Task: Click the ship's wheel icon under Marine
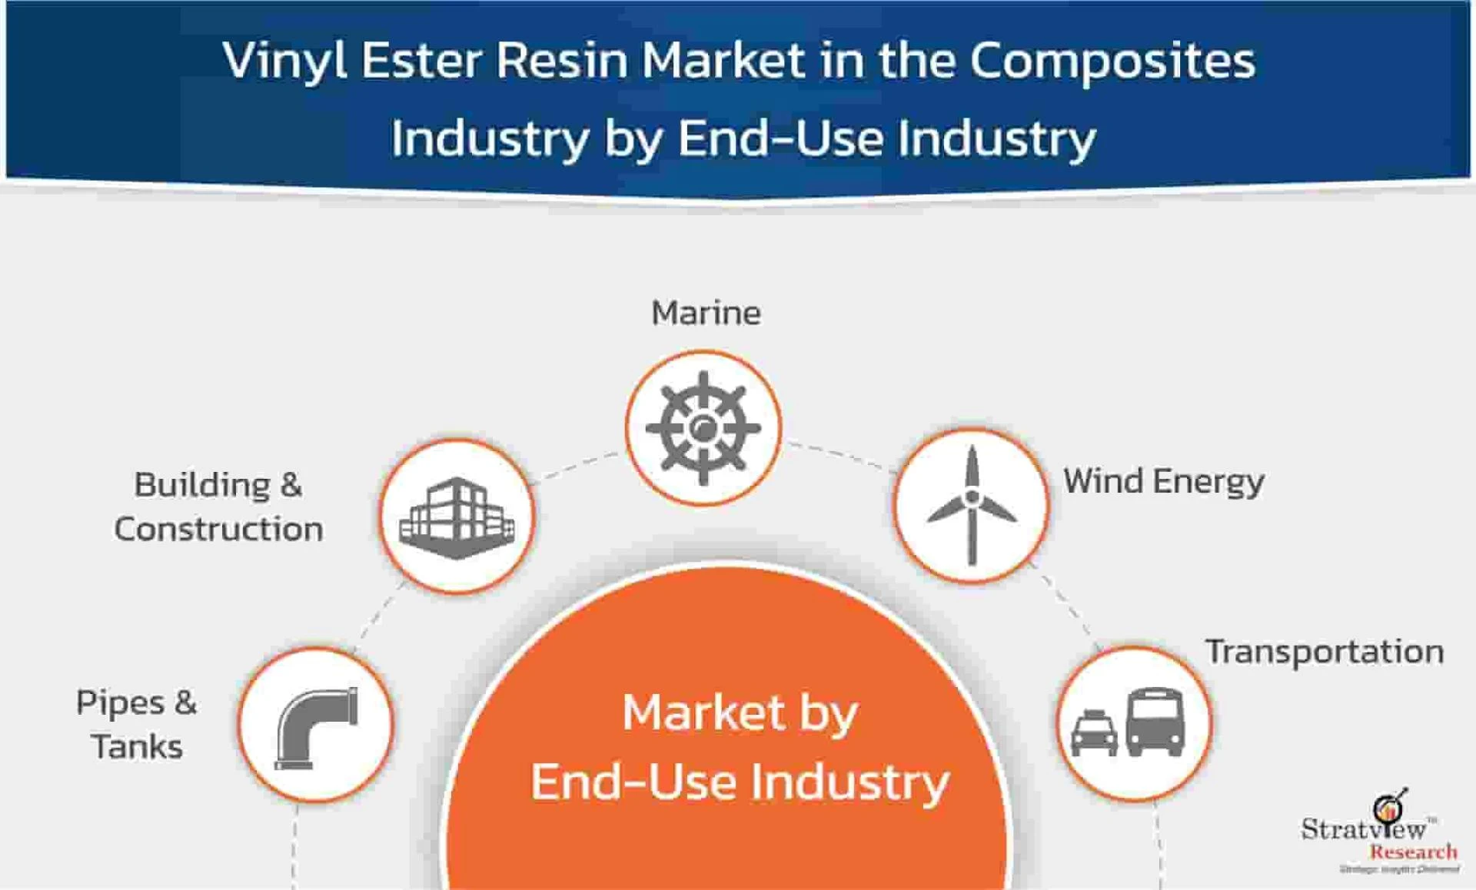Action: tap(703, 428)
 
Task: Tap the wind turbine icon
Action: tap(972, 505)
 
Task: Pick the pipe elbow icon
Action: tap(316, 726)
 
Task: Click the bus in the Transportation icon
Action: tap(1155, 722)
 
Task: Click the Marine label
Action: tap(706, 313)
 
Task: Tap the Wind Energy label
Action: tap(1163, 482)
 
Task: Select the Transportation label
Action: tap(1324, 652)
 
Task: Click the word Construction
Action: tap(218, 529)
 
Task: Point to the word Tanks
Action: tap(137, 746)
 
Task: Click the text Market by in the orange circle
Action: tap(740, 713)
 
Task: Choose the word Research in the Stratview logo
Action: tap(1413, 852)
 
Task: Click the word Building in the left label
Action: tap(202, 485)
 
